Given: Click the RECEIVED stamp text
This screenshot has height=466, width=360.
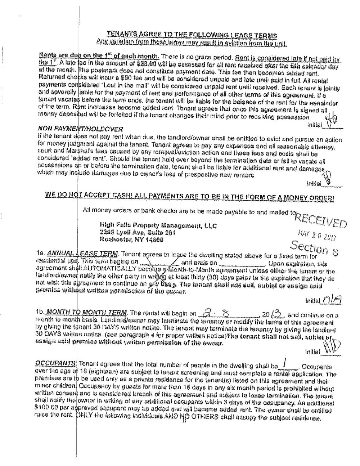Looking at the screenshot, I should tap(321, 218).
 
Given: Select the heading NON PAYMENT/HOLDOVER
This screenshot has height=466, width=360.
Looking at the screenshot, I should tap(80, 129).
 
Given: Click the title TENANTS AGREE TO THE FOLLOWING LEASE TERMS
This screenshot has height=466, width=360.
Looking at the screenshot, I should tap(192, 35).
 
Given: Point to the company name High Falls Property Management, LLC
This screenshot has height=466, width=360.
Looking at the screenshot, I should tap(158, 225).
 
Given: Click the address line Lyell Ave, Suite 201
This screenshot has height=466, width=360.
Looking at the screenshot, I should tap(138, 233).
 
